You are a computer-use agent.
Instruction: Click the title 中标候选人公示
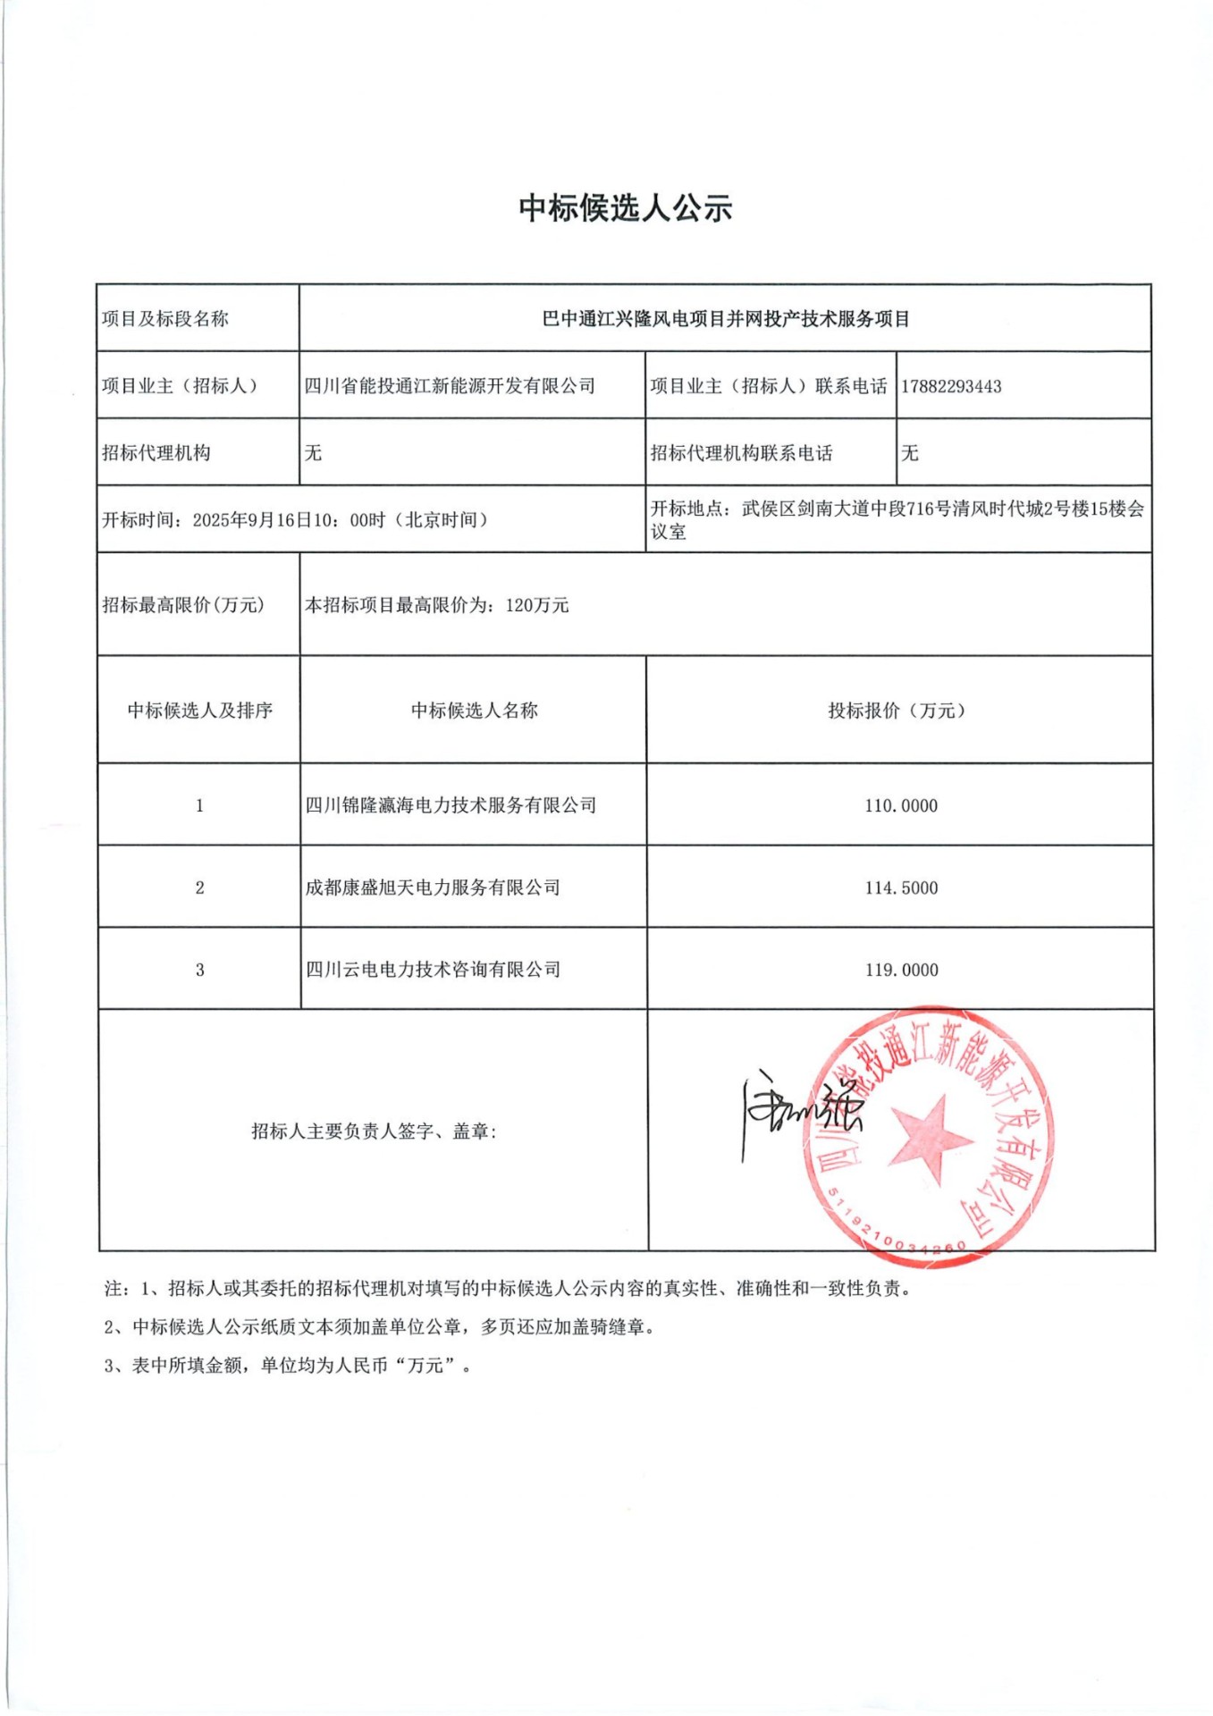pyautogui.click(x=625, y=208)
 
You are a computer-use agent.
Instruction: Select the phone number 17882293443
pyautogui.click(x=951, y=387)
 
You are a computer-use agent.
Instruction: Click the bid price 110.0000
pyautogui.click(x=900, y=805)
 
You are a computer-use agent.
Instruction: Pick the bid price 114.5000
pyautogui.click(x=900, y=887)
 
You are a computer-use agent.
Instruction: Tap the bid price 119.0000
pyautogui.click(x=901, y=970)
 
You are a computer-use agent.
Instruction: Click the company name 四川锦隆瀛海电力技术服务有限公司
pyautogui.click(x=451, y=805)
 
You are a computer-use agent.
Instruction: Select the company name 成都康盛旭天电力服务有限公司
pyautogui.click(x=433, y=887)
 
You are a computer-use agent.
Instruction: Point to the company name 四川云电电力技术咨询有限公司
pyautogui.click(x=433, y=970)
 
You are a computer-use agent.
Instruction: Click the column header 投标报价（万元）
pyautogui.click(x=898, y=711)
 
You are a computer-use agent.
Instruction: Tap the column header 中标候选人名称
pyautogui.click(x=474, y=711)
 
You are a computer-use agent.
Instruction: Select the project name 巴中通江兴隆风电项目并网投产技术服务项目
pyautogui.click(x=725, y=319)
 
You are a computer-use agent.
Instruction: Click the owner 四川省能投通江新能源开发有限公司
pyautogui.click(x=450, y=386)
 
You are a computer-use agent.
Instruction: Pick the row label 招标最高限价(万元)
pyautogui.click(x=183, y=605)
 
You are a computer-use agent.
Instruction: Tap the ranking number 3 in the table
pyautogui.click(x=199, y=970)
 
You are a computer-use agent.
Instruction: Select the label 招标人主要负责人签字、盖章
pyautogui.click(x=374, y=1131)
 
